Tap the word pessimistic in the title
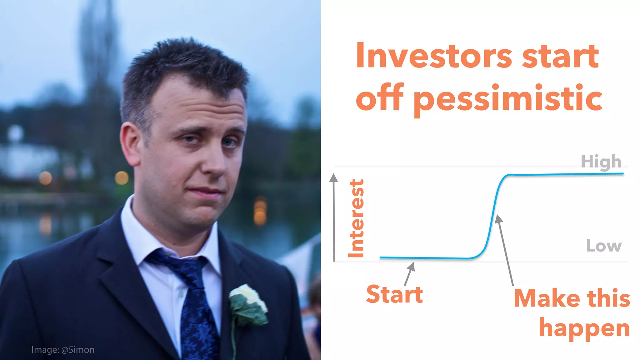click(x=508, y=98)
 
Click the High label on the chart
click(x=601, y=162)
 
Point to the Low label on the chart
click(x=604, y=246)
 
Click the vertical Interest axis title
click(x=357, y=218)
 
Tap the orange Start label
click(x=394, y=294)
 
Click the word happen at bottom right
click(x=584, y=328)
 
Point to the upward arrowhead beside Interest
click(x=334, y=178)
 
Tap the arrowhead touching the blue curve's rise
click(x=498, y=218)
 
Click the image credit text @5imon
click(x=78, y=350)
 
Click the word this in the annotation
click(x=608, y=298)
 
